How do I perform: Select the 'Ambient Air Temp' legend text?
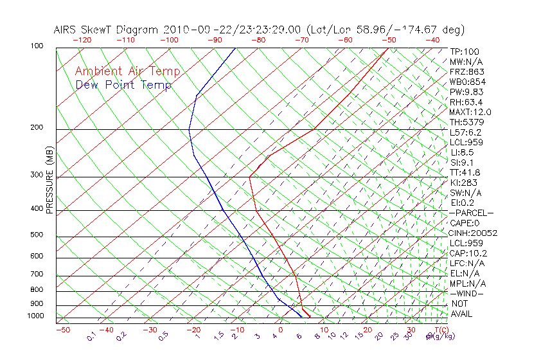point(127,71)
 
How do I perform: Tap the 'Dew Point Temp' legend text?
point(123,85)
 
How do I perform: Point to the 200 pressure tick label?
point(37,128)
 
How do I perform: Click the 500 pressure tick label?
point(37,235)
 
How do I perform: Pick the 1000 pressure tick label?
point(35,316)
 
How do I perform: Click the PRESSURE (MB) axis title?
point(49,181)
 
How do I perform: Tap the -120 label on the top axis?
point(82,40)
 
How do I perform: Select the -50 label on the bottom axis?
point(62,330)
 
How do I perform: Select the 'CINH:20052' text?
point(473,233)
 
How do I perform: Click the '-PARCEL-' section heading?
point(471,213)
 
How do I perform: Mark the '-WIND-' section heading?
point(467,293)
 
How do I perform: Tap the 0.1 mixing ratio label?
point(91,336)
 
